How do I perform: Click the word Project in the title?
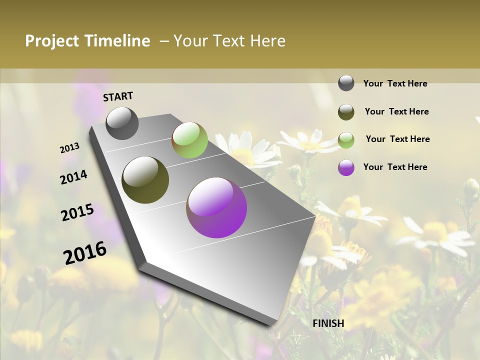52,41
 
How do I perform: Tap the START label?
118,96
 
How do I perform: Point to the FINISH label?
328,323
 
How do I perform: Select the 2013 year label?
69,148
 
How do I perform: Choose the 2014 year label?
73,177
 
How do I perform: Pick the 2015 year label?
77,212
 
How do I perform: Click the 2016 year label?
85,253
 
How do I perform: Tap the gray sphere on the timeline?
122,123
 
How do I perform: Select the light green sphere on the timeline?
189,139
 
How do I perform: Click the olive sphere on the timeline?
145,180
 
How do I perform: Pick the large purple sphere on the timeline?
216,207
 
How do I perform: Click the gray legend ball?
346,83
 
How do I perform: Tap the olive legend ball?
346,112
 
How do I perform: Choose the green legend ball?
346,140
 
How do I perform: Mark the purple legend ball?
346,167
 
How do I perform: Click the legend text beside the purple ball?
395,167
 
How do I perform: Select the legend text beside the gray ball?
395,83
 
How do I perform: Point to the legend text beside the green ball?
397,139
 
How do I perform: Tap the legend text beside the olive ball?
396,111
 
